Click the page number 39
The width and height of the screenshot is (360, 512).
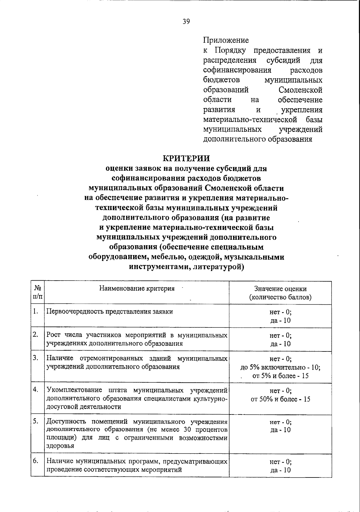pos(186,21)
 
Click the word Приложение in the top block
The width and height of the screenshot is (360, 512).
pos(226,40)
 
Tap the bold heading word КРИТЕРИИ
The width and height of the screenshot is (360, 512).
pos(186,158)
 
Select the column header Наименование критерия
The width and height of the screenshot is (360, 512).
pos(137,288)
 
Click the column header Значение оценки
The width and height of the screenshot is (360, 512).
pos(280,289)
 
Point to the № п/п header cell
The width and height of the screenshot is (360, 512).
pos(37,292)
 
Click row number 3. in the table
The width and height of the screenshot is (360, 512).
pos(36,358)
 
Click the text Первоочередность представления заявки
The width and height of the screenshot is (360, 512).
pos(110,312)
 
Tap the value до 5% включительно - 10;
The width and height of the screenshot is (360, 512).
pos(280,367)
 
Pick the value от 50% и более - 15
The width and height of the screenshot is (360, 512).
pos(280,399)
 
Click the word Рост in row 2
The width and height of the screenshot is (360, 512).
pos(53,335)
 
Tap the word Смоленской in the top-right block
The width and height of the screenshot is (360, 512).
pos(300,90)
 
